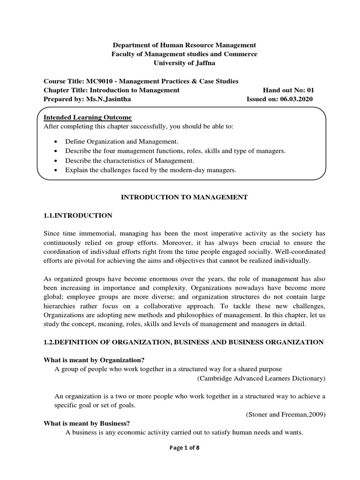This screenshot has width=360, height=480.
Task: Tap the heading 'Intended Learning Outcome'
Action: [x=88, y=117]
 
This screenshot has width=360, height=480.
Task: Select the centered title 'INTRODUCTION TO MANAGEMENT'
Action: [x=184, y=197]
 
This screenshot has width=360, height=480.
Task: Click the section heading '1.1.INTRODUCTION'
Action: [x=78, y=215]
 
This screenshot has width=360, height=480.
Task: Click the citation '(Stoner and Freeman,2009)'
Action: [x=285, y=414]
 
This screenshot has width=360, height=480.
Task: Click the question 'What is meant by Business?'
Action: [x=84, y=423]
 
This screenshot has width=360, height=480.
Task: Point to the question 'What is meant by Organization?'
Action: [x=91, y=360]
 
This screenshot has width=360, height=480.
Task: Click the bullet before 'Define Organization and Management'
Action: [x=56, y=141]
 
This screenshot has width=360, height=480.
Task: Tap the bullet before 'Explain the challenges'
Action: [x=56, y=171]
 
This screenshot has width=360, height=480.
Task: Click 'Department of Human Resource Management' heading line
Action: [x=184, y=45]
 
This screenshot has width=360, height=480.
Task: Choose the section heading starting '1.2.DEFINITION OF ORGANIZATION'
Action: [x=184, y=342]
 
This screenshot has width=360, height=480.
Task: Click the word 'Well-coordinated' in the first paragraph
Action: [x=302, y=251]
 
